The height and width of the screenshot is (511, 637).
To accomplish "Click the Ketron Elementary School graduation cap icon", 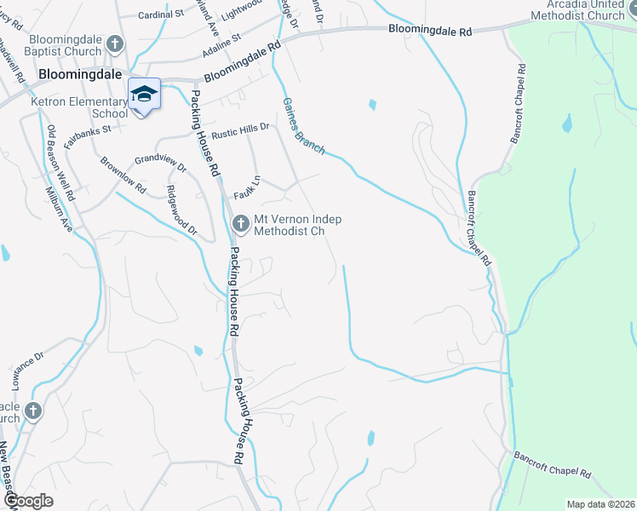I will (144, 94).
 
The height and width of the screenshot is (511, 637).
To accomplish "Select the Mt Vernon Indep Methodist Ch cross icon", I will (240, 223).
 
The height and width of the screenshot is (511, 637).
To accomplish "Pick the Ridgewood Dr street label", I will (181, 210).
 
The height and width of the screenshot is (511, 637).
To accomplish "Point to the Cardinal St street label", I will (161, 14).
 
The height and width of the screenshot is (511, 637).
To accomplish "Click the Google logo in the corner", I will (28, 501).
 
